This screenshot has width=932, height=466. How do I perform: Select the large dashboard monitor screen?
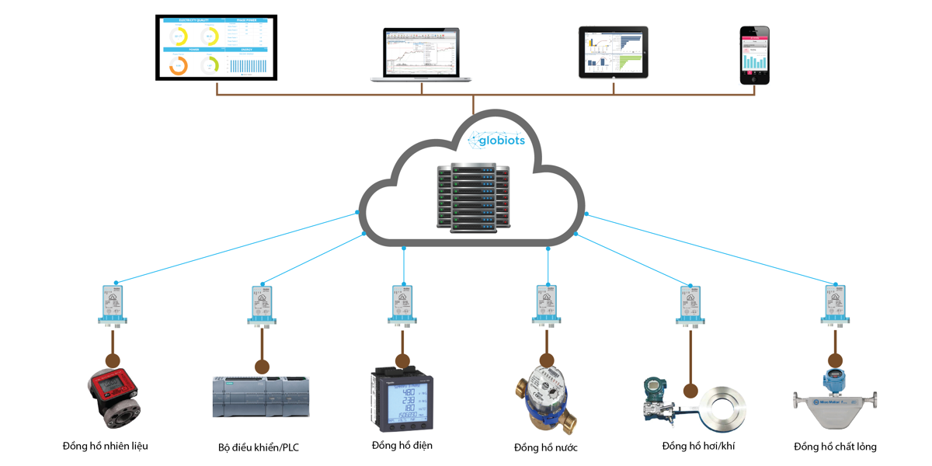[216, 47]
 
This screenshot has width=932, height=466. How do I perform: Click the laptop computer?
[421, 55]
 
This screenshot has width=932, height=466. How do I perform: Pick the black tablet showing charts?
[613, 52]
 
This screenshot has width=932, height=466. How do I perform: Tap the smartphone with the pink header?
[754, 55]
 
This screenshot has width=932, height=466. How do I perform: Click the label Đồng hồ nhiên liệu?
[106, 446]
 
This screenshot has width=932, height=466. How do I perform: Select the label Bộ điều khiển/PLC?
[259, 448]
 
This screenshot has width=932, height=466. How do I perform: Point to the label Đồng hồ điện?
[402, 445]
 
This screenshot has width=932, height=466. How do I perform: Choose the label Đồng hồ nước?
[546, 447]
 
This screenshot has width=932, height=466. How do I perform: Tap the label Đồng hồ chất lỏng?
[835, 447]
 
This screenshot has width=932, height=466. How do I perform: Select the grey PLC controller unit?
[261, 397]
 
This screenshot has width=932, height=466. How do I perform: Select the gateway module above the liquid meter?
[835, 304]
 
